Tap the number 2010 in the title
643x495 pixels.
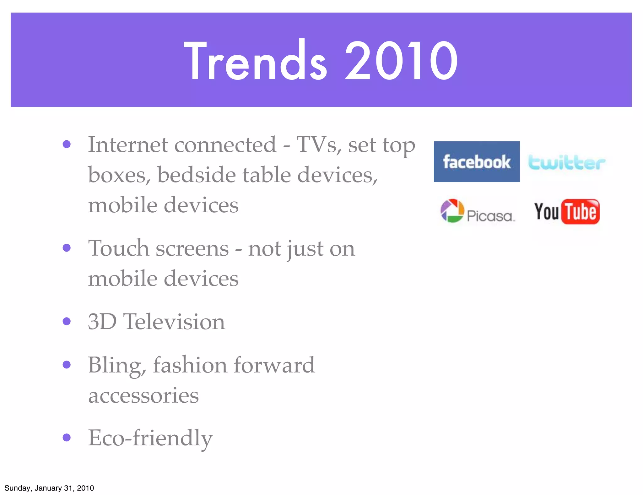click(x=401, y=61)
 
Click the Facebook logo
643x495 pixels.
click(x=477, y=162)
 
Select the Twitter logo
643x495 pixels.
click(x=567, y=163)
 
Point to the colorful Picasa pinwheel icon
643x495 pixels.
click(x=452, y=211)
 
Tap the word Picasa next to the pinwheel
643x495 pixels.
click(x=490, y=216)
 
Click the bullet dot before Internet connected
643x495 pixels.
click(x=67, y=144)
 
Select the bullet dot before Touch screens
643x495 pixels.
click(x=67, y=248)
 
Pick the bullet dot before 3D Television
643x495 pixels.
click(x=67, y=321)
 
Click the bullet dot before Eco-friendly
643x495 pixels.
click(x=67, y=437)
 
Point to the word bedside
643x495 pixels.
click(x=196, y=175)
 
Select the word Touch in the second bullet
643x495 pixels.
click(x=118, y=248)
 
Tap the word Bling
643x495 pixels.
click(x=117, y=366)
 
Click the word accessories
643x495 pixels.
click(x=143, y=396)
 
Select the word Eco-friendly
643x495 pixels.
click(x=150, y=438)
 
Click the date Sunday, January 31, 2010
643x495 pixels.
click(x=49, y=488)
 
